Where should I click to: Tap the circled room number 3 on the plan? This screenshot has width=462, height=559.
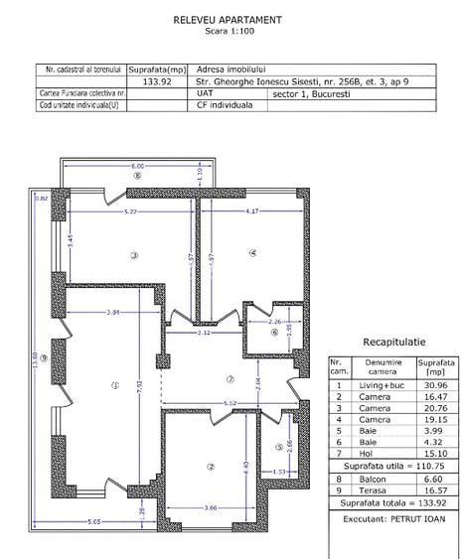coord(133,255)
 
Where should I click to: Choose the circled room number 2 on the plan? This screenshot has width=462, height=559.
coord(211,466)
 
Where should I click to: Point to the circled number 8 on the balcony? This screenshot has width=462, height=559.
coord(137,177)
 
